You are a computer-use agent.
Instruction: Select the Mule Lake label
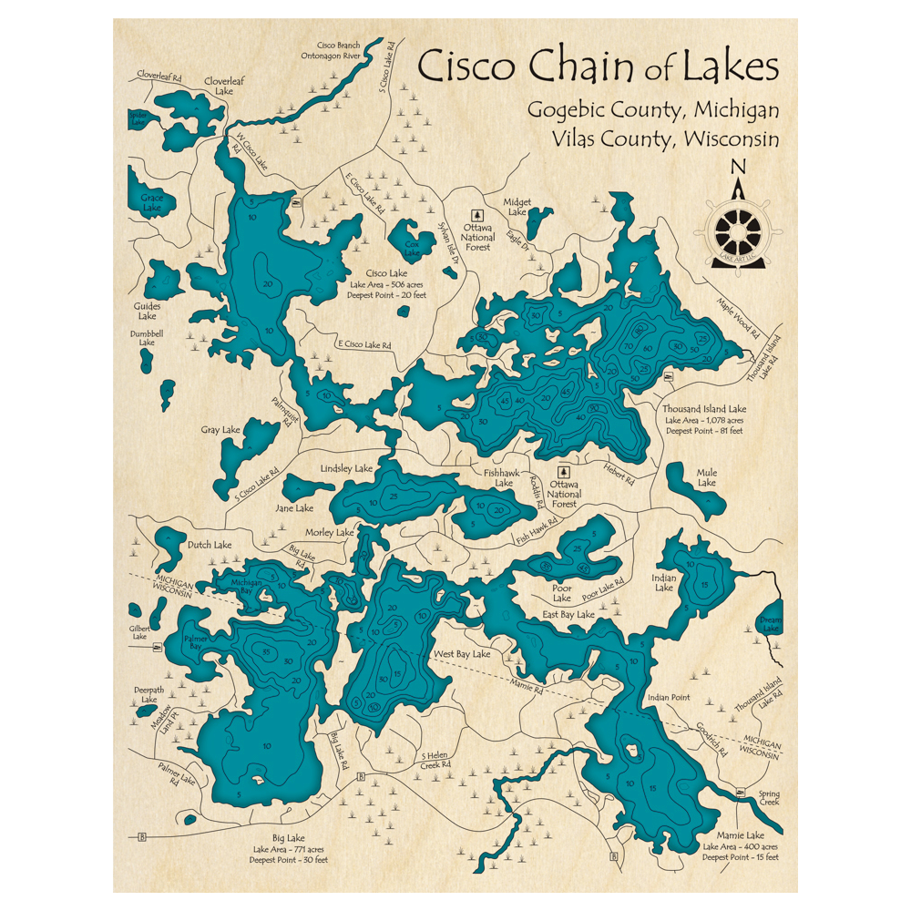[x=706, y=477]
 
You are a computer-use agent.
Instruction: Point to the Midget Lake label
[x=517, y=207]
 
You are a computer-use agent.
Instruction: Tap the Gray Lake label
[x=220, y=429]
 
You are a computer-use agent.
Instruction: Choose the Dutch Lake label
[x=210, y=545]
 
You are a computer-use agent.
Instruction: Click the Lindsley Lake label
[x=346, y=468]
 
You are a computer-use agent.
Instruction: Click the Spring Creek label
[x=770, y=798]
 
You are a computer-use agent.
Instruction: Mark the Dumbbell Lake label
[x=147, y=338]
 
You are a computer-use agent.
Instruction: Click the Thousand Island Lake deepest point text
[x=704, y=430]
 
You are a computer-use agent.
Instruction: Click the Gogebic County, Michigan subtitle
[x=653, y=110]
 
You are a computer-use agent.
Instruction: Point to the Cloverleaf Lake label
[x=219, y=86]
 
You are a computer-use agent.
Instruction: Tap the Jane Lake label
[x=293, y=507]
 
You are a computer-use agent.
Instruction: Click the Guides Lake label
[x=147, y=311]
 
